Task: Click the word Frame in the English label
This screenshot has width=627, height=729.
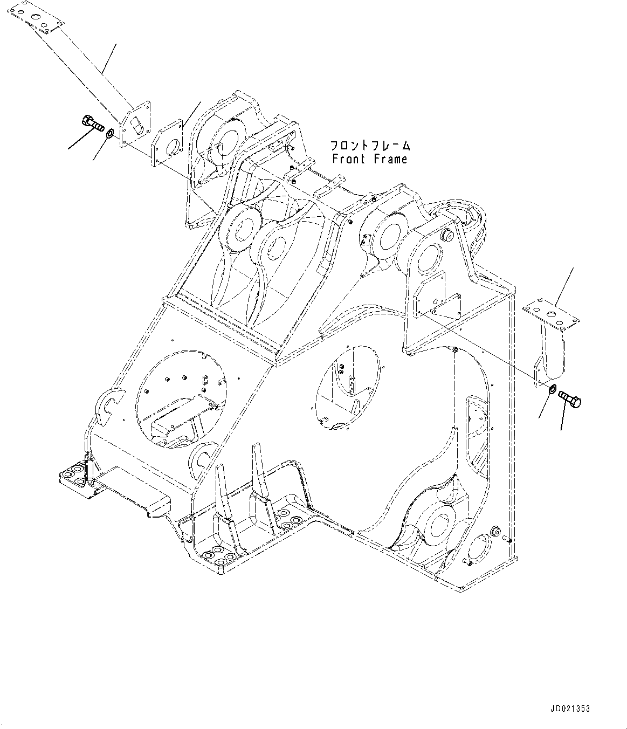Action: (x=389, y=159)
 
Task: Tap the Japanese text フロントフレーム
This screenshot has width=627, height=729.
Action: (x=370, y=146)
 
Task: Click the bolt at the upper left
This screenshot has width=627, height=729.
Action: (x=92, y=123)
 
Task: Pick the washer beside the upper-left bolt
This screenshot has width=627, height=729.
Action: (x=109, y=133)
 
